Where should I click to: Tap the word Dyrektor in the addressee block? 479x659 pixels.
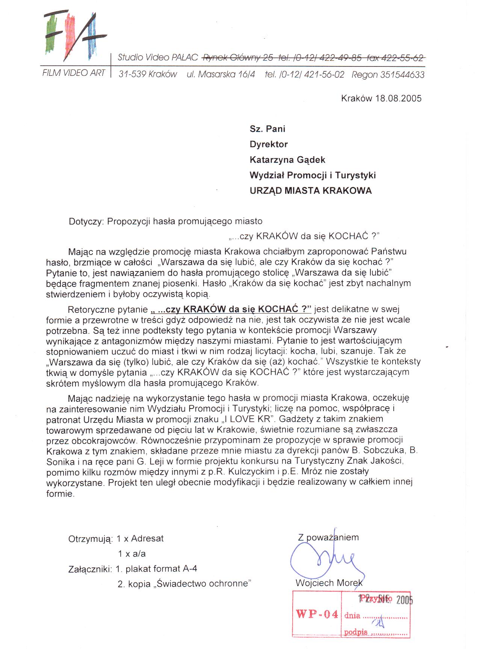click(269, 145)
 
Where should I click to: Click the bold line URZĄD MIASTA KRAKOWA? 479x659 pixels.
click(311, 191)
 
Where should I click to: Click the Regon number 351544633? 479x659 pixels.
click(402, 75)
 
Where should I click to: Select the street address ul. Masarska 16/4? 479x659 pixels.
click(221, 75)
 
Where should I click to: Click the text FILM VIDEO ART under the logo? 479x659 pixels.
click(74, 73)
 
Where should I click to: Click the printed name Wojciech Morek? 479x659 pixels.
click(329, 583)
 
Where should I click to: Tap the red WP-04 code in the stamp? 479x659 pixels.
click(317, 614)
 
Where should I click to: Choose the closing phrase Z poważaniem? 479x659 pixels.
click(328, 537)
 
